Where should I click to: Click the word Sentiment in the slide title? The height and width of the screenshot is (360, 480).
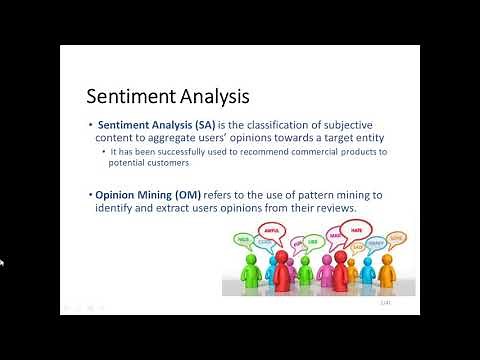(x=127, y=98)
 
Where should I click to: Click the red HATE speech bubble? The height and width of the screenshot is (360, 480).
(x=354, y=229)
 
